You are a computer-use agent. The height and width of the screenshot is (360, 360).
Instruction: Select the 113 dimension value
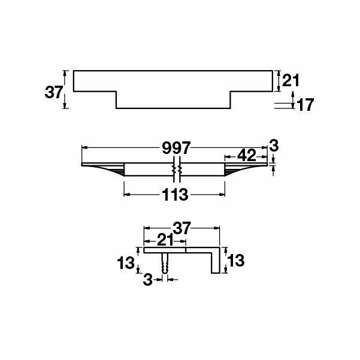175,195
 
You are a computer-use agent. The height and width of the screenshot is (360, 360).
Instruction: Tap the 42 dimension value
246,156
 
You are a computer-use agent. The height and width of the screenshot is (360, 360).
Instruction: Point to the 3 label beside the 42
274,146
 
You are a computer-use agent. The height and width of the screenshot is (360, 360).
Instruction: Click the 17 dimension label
305,105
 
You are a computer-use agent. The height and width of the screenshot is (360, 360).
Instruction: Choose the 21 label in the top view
290,80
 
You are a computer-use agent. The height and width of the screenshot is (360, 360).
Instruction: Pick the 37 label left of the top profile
54,92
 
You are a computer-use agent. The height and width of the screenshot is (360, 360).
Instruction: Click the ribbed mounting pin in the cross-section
165,264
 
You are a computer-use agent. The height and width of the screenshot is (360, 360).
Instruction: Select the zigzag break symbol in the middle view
176,171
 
